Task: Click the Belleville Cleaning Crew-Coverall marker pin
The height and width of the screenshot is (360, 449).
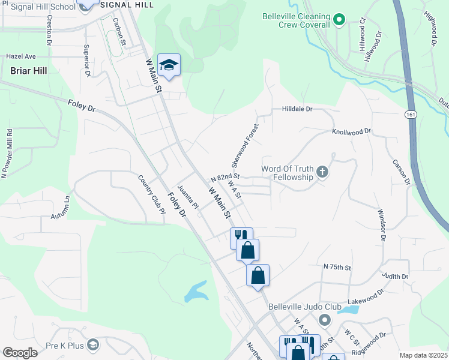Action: [339, 20]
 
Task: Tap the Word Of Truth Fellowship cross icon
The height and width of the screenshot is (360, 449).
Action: [322, 173]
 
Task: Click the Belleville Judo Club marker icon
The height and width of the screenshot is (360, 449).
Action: [325, 319]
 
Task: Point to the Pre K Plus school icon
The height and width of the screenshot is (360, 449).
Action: [92, 344]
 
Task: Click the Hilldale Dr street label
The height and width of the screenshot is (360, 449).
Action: [297, 109]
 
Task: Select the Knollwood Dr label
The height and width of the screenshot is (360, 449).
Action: [351, 131]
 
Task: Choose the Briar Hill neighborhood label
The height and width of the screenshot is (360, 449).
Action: [28, 70]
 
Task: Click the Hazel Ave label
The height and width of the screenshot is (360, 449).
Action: [21, 56]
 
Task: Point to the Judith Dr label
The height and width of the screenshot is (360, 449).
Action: [396, 276]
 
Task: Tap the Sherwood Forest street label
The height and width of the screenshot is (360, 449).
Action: [244, 146]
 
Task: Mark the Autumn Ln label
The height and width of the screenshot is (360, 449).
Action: [61, 208]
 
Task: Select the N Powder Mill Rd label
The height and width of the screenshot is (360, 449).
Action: [7, 153]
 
